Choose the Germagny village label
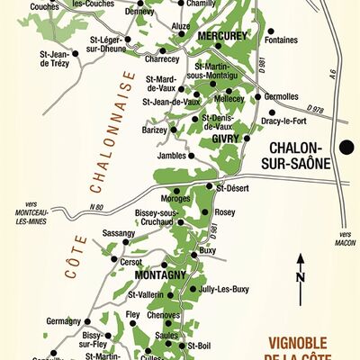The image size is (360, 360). (64, 320)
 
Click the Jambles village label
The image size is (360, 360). (172, 155)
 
